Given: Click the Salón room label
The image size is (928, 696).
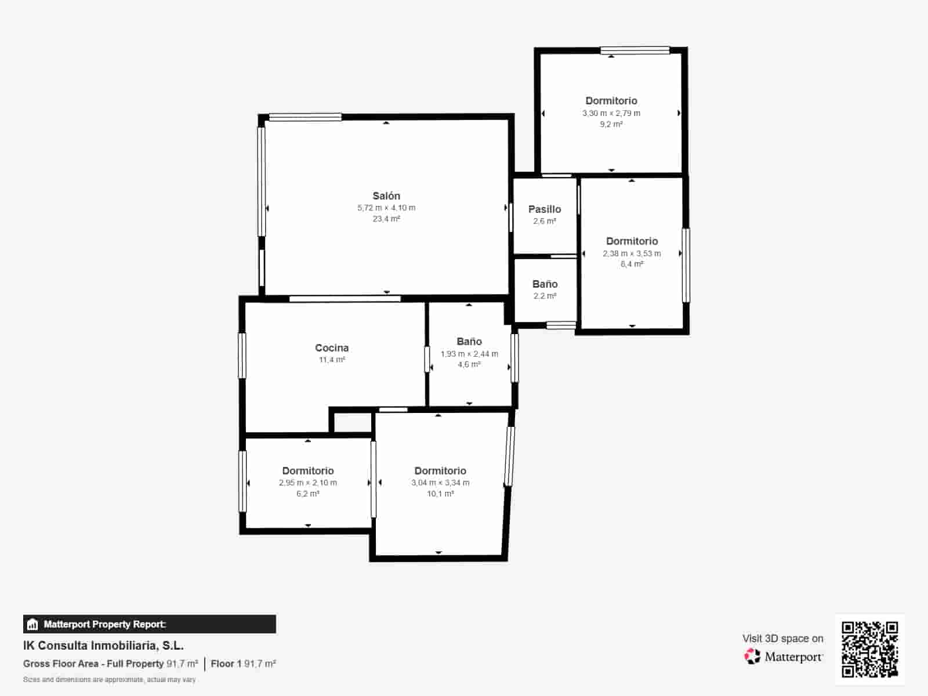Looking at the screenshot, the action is click(x=386, y=195).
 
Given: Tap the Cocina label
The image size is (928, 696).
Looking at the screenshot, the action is click(x=332, y=348).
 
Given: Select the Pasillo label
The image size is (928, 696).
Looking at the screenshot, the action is click(x=545, y=209).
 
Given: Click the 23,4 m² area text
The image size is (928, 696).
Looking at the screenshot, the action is click(x=386, y=219).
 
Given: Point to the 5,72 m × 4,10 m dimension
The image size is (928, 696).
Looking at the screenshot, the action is click(x=386, y=208).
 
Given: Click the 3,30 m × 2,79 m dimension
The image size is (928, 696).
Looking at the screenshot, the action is click(x=611, y=113).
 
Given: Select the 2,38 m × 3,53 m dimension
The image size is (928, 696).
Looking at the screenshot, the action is click(x=632, y=253).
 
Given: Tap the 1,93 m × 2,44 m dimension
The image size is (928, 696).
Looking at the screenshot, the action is click(x=469, y=354).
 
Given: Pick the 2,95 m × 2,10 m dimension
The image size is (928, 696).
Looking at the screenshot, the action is click(x=308, y=483).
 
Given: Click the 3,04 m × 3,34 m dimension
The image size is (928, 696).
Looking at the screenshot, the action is click(x=440, y=483).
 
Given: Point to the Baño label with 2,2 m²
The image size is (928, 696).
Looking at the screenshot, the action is click(x=545, y=284).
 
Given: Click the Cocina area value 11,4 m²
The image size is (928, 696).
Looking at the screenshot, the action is click(x=332, y=360).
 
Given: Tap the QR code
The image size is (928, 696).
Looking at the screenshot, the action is click(x=869, y=648).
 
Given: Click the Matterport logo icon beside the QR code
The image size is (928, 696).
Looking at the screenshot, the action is click(x=752, y=657).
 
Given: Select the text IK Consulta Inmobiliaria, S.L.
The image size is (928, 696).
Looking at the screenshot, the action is click(x=104, y=646).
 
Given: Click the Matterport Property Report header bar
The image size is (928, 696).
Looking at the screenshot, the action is click(x=150, y=624).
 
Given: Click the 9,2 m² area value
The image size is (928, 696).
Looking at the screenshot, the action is click(x=611, y=124).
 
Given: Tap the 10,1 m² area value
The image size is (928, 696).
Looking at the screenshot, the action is click(x=440, y=494).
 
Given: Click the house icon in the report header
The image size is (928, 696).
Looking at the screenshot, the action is click(x=32, y=624).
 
